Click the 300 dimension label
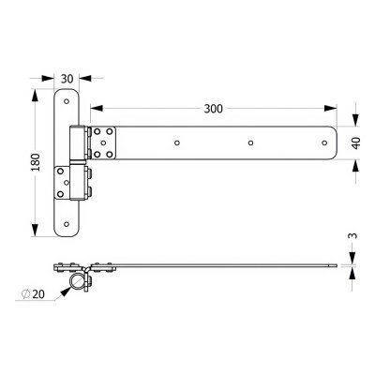[214, 109]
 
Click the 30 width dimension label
[67, 79]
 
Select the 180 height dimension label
[37, 162]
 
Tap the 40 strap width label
[356, 142]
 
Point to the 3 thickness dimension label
[352, 236]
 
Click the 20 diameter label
[38, 293]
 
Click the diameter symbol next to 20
[25, 293]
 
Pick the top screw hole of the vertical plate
[67, 101]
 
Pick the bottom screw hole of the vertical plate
[67, 224]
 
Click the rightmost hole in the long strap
[324, 142]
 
